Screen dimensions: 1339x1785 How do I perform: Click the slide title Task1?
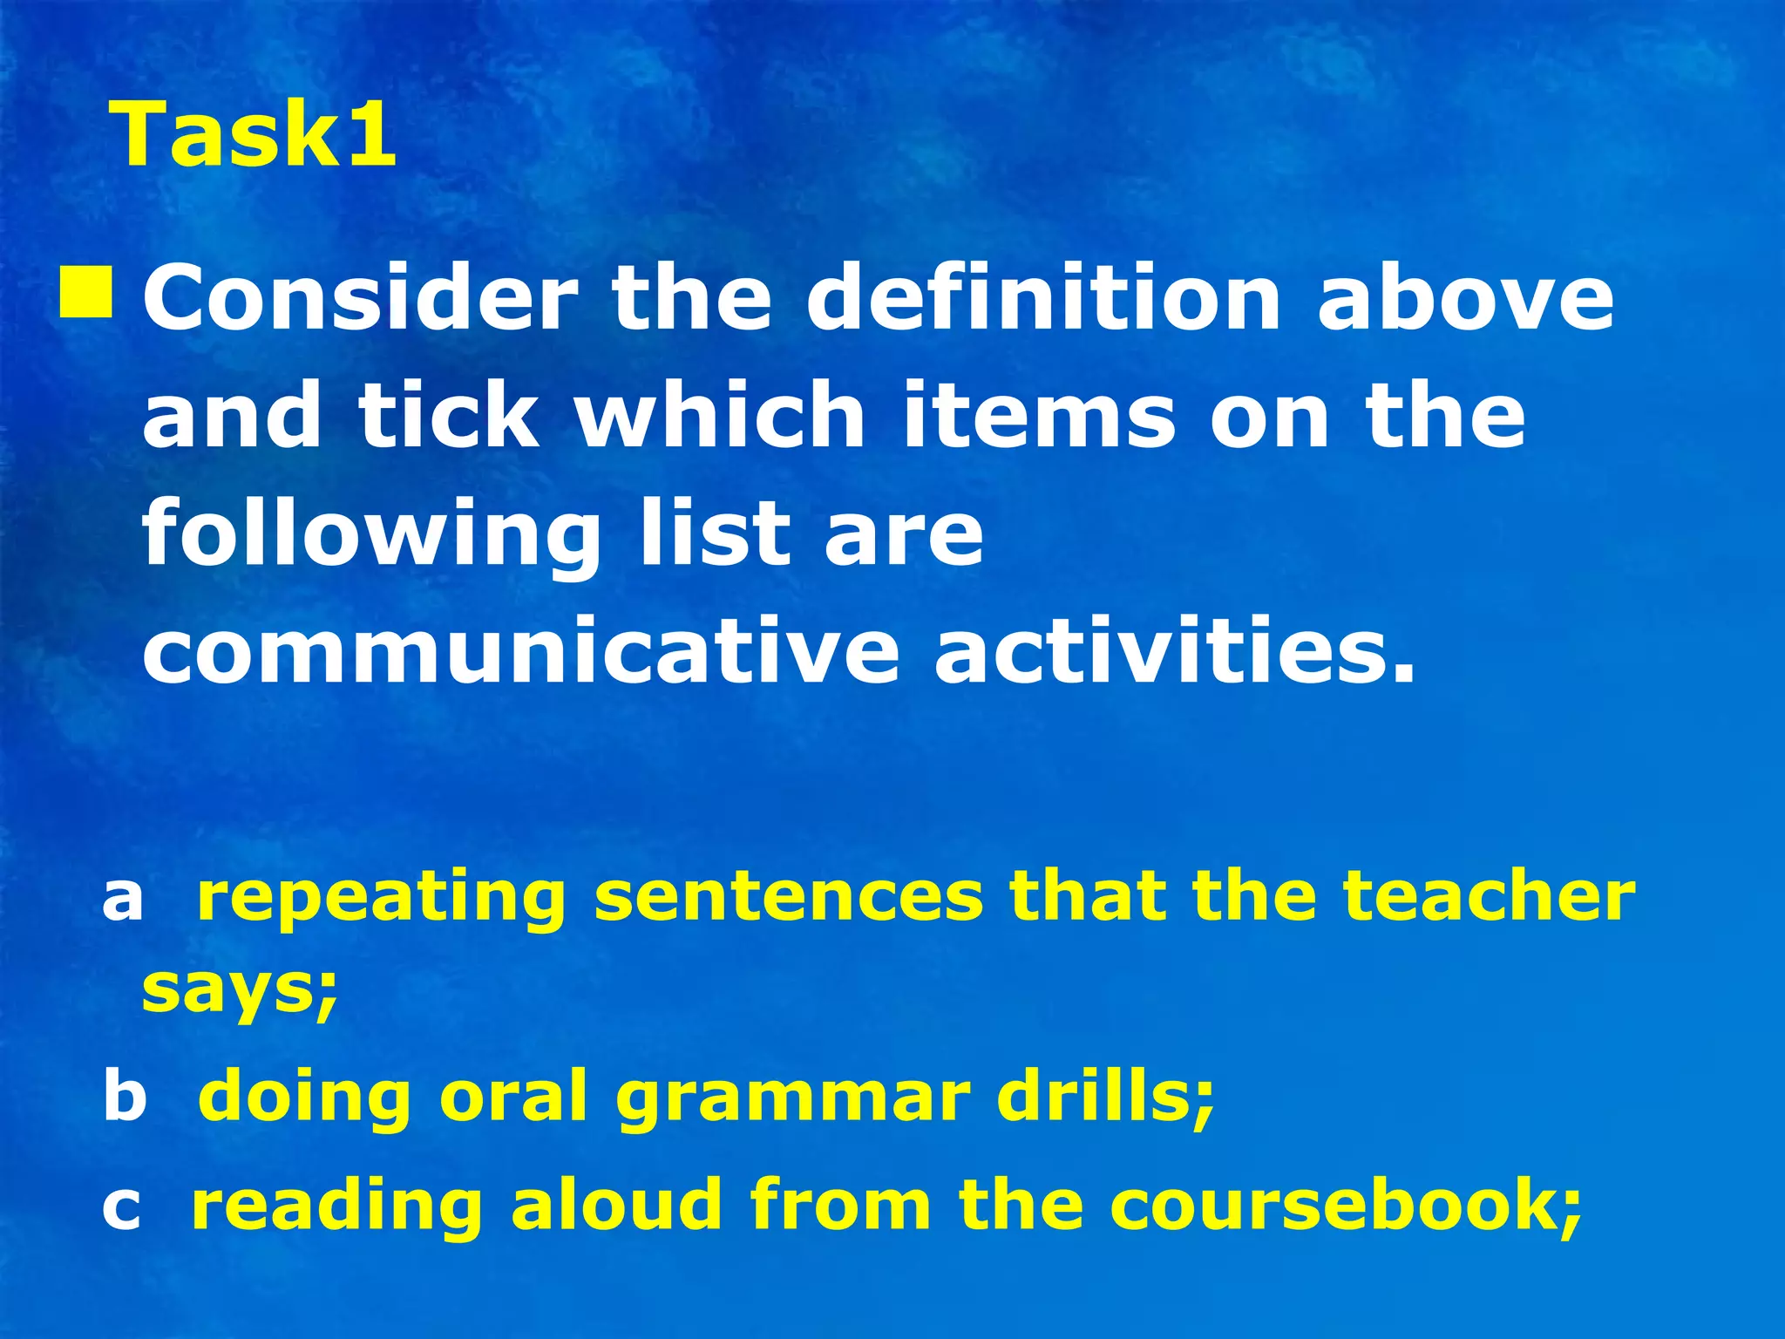tap(253, 134)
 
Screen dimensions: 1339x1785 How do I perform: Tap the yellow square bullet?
tap(85, 294)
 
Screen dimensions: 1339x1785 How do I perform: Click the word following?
tap(372, 534)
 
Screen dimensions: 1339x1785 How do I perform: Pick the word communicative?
tap(520, 652)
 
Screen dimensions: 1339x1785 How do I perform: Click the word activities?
tap(1174, 652)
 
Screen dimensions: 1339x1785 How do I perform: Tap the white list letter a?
tap(122, 898)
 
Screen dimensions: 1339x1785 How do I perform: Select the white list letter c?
tap(121, 1206)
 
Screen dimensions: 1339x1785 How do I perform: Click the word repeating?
tap(382, 898)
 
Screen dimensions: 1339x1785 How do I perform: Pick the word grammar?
tap(793, 1097)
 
